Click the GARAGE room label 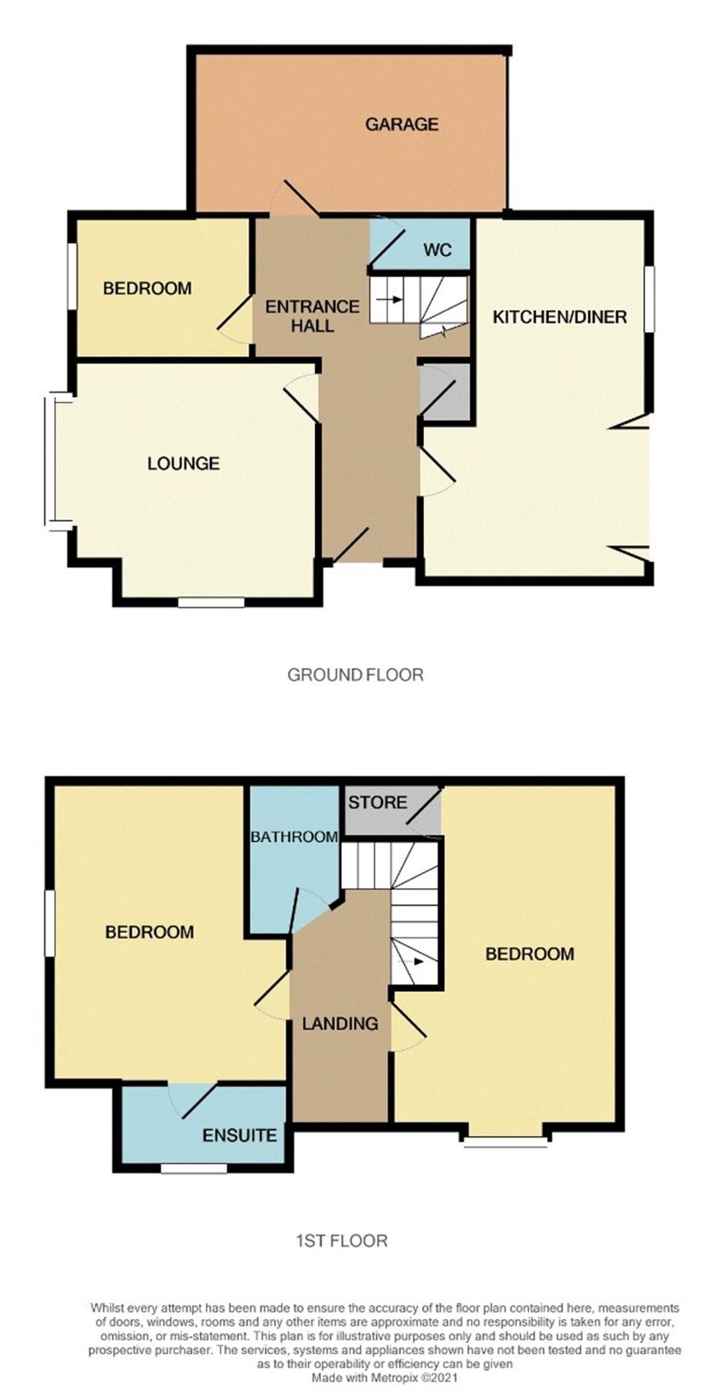(x=402, y=124)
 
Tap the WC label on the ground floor (x=436, y=251)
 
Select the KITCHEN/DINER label (x=560, y=317)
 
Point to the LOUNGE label (x=183, y=463)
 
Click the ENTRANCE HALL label (x=312, y=316)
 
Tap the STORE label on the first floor (x=377, y=802)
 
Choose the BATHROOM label (x=293, y=836)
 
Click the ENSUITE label (x=239, y=1135)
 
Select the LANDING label (x=340, y=1024)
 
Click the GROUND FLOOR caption (x=355, y=675)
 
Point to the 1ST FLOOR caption (x=341, y=1241)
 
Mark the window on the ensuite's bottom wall (x=194, y=1168)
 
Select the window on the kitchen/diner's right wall (x=650, y=300)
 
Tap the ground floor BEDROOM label (x=147, y=289)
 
